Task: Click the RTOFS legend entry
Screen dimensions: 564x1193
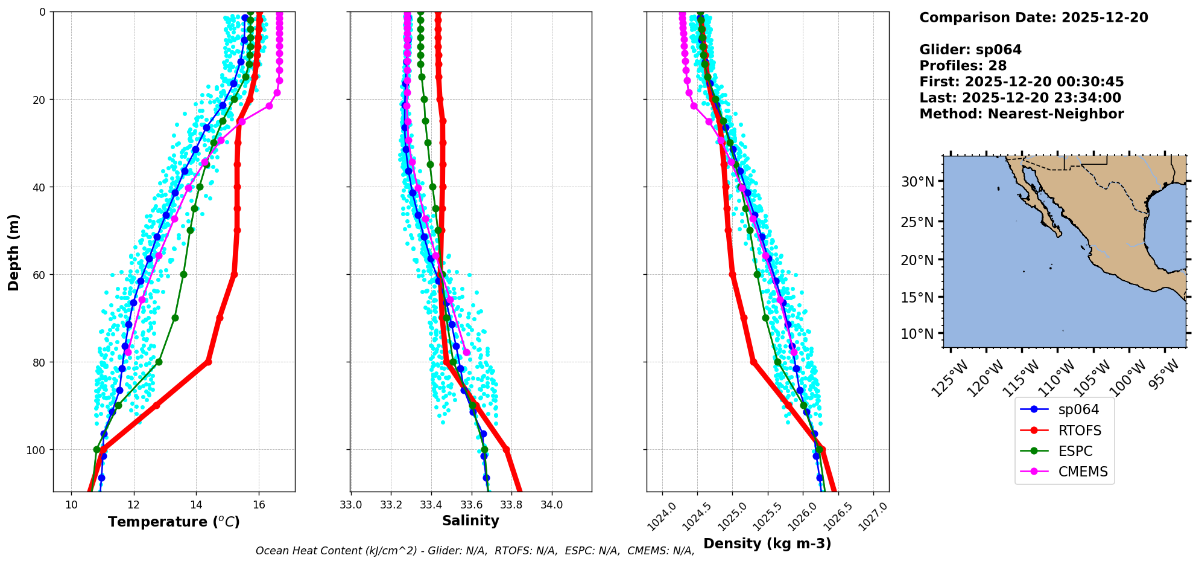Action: point(1079,431)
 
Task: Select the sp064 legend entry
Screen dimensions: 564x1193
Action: point(1078,409)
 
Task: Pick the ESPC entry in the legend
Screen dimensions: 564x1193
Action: point(1075,451)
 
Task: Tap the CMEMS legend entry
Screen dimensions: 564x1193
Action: point(1083,472)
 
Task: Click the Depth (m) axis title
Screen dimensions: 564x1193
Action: point(13,252)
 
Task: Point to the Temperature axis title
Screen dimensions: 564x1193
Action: point(174,522)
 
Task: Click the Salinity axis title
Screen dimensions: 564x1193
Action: point(470,521)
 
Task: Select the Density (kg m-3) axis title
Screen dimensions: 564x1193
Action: point(767,543)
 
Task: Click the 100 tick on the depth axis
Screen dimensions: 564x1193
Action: point(38,450)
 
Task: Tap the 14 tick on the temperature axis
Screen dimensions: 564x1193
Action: point(196,505)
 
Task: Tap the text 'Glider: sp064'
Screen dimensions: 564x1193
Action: point(970,50)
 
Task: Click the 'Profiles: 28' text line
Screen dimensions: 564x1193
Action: point(963,66)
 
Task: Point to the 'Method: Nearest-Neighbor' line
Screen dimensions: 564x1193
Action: point(1021,114)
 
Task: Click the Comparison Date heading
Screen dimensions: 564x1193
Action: point(1033,18)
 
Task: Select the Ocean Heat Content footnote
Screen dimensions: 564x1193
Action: point(475,551)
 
